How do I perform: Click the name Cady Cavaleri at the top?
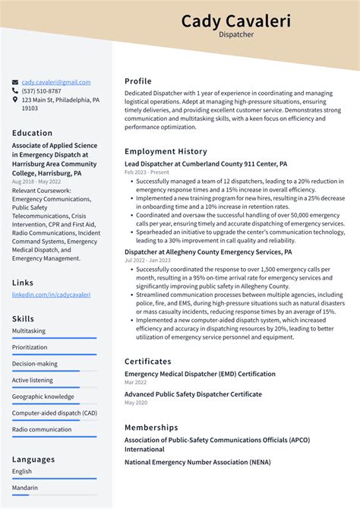coord(235,21)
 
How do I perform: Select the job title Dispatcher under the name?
coord(235,35)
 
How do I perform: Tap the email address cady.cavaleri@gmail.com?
coord(55,82)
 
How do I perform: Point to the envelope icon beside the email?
coord(15,82)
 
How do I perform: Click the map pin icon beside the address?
coord(15,100)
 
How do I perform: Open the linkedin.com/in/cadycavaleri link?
coord(51,295)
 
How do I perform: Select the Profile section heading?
coord(138,81)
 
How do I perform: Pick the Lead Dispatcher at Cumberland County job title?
coord(205,164)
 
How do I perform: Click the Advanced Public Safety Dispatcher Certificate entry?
coord(193,394)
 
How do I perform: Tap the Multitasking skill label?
coord(29,331)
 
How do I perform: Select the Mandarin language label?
coord(25,488)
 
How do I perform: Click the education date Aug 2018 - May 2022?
coord(37,182)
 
